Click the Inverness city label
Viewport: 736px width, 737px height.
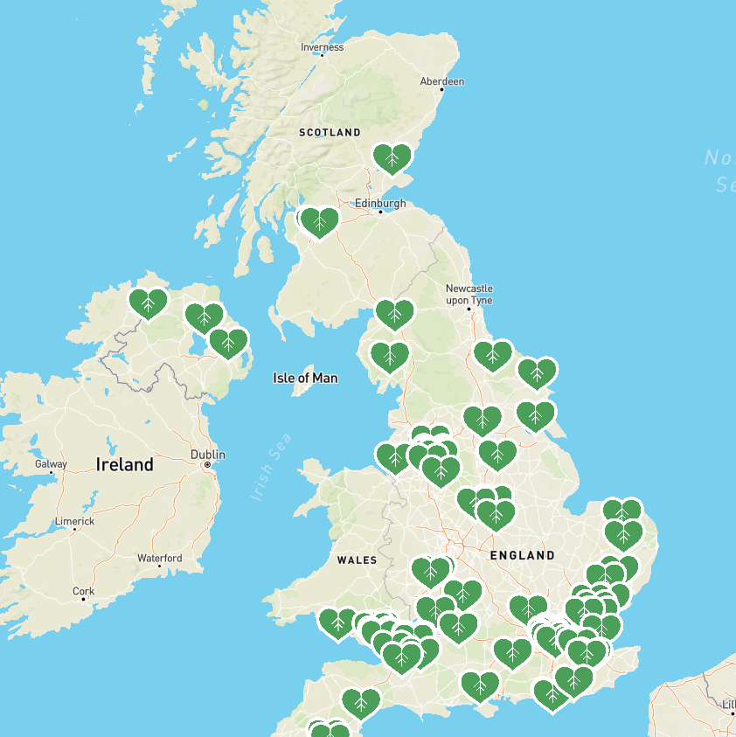pos(322,47)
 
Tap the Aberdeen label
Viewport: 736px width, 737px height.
pos(441,81)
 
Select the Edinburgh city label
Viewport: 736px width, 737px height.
pos(380,204)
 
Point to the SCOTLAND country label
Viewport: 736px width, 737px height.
pos(330,133)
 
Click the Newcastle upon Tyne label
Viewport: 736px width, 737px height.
pos(469,294)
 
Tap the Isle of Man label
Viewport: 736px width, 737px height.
pos(305,379)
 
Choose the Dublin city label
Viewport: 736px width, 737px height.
pos(208,455)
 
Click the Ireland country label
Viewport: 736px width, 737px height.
pos(125,464)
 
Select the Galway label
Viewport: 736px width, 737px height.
pos(51,463)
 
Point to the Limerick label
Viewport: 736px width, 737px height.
pos(74,521)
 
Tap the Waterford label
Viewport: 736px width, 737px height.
pos(160,558)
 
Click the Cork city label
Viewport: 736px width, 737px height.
pos(84,591)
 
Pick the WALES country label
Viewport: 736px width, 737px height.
pos(357,560)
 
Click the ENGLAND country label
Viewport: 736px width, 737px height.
pos(523,555)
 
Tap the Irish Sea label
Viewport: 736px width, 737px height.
pos(272,467)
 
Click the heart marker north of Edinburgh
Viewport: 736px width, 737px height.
pos(392,158)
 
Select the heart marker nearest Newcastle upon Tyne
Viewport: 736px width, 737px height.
pos(492,355)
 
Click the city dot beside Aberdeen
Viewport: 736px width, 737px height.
pos(441,89)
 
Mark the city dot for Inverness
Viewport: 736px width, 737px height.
pos(322,55)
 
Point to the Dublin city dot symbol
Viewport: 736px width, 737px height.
pos(207,465)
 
